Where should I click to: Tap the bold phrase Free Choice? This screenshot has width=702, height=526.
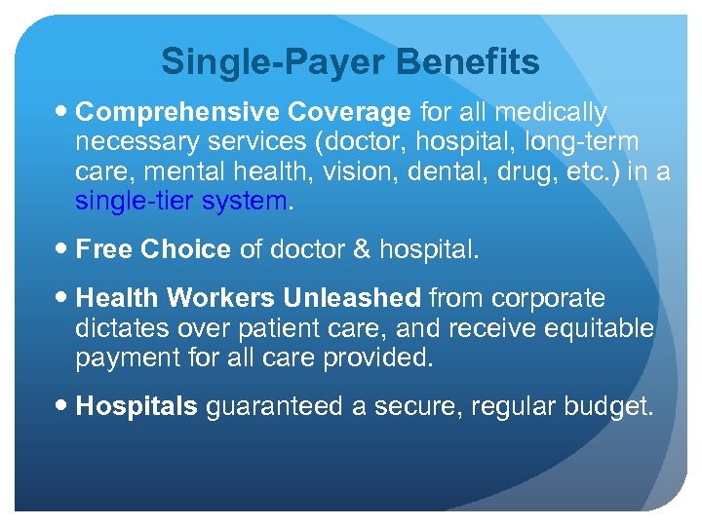click(x=153, y=250)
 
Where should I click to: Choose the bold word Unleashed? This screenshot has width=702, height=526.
click(x=352, y=298)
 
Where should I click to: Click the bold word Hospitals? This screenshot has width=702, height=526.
click(x=136, y=406)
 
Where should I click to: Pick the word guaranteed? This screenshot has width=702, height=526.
click(x=275, y=406)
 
